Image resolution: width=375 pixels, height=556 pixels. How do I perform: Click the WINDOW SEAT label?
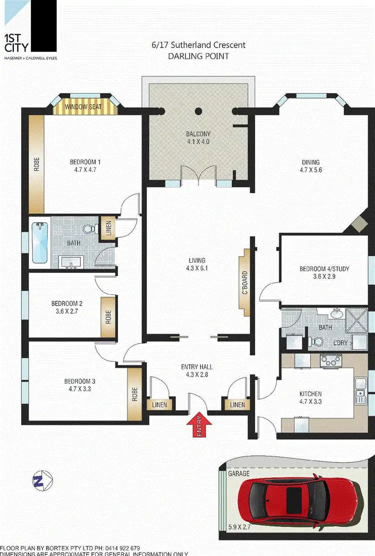[86, 107]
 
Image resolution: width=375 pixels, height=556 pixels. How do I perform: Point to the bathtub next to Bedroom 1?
[38, 243]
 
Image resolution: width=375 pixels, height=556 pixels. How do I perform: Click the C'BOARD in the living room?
[244, 283]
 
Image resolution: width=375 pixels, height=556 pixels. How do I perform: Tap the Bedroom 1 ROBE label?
[36, 165]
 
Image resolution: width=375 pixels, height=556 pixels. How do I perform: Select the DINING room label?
[310, 166]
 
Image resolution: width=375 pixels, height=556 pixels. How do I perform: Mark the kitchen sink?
[360, 390]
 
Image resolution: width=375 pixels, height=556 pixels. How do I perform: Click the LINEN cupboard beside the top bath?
[107, 229]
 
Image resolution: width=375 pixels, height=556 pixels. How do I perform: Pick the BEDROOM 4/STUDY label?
[324, 273]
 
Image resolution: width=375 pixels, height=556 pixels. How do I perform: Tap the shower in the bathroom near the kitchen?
[358, 318]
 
